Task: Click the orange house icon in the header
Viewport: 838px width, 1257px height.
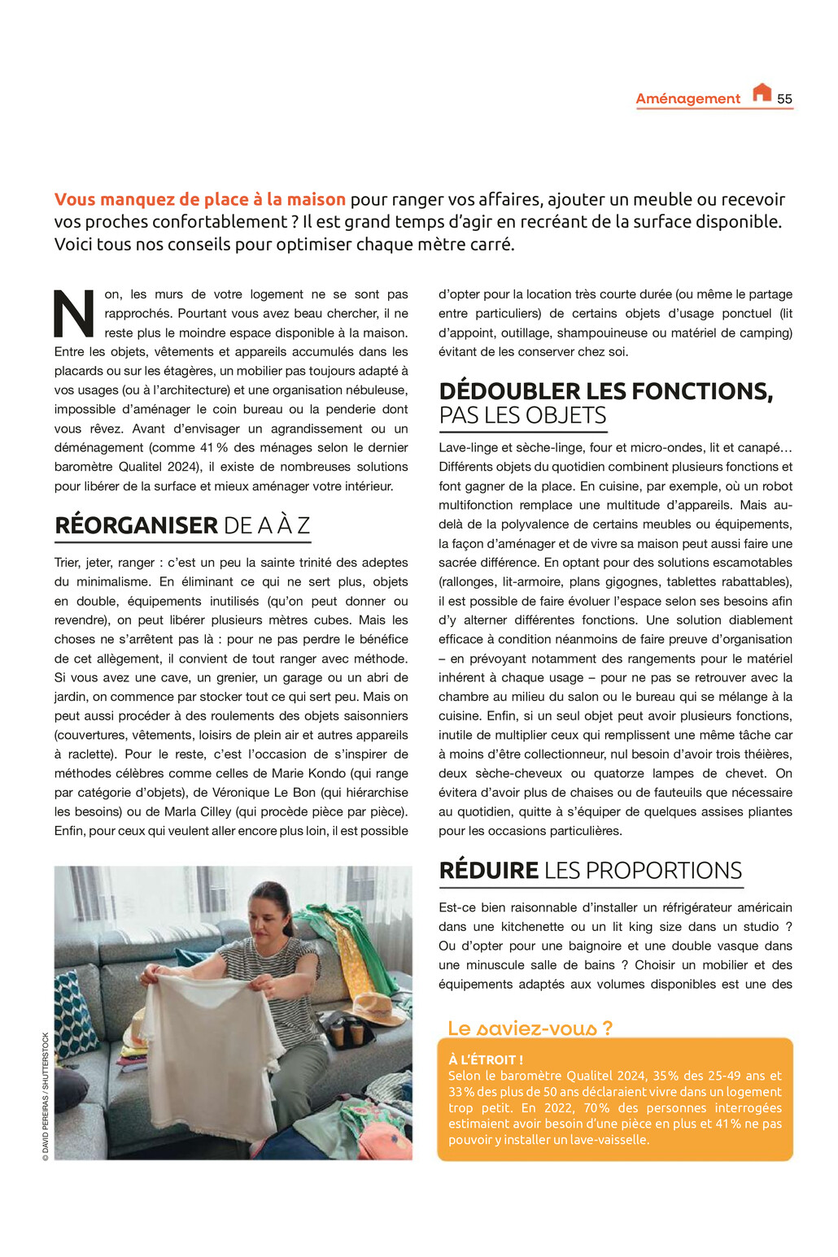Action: [x=762, y=93]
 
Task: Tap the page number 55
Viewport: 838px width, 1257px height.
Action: [x=784, y=99]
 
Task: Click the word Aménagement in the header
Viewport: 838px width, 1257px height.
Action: [x=687, y=98]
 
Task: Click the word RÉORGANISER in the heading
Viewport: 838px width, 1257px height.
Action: [x=136, y=525]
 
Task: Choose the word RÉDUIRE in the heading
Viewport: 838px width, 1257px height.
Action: [x=488, y=870]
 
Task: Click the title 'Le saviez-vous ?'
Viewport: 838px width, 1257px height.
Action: [x=530, y=1028]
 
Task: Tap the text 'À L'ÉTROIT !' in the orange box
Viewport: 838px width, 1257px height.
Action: [x=486, y=1059]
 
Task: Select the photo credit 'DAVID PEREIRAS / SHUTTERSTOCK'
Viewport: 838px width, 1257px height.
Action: [x=46, y=1096]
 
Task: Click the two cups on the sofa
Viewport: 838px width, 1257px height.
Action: [x=347, y=1033]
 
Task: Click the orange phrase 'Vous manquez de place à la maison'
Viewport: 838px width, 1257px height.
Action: [x=200, y=199]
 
